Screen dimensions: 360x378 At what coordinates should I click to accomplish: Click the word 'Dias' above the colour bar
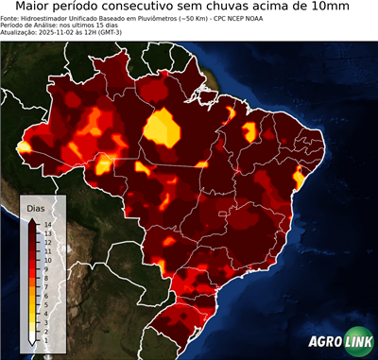point(36,207)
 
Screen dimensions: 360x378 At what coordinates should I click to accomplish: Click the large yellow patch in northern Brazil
point(163,129)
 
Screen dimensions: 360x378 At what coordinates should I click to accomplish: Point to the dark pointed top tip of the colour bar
point(32,219)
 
